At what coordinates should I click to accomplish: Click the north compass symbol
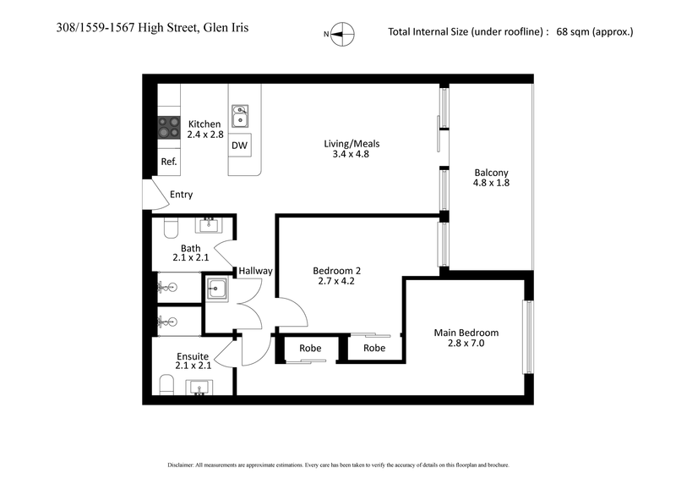pyautogui.click(x=341, y=34)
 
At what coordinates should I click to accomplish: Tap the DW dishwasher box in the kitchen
pyautogui.click(x=240, y=146)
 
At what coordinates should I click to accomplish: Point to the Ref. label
pyautogui.click(x=169, y=162)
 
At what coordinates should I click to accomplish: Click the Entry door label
pyautogui.click(x=181, y=195)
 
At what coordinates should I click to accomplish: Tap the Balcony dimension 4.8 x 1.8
pyautogui.click(x=491, y=183)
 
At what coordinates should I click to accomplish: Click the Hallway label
pyautogui.click(x=255, y=271)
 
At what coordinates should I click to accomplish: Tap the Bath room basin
pyautogui.click(x=206, y=225)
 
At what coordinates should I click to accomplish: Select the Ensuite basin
pyautogui.click(x=199, y=388)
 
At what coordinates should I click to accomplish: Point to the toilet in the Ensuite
pyautogui.click(x=167, y=387)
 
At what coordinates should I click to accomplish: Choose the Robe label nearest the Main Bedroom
pyautogui.click(x=374, y=348)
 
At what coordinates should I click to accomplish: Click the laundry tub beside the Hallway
pyautogui.click(x=217, y=290)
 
